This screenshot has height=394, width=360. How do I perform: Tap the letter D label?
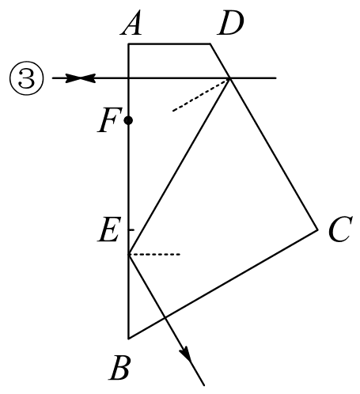click(x=230, y=23)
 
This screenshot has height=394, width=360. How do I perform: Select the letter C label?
click(x=340, y=229)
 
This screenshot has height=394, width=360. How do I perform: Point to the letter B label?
click(x=120, y=367)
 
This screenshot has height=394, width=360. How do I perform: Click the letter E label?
click(x=109, y=229)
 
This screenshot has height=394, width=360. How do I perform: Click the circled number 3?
click(x=27, y=78)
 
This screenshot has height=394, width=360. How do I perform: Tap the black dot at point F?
click(x=128, y=120)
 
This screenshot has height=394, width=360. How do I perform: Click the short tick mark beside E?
click(x=131, y=230)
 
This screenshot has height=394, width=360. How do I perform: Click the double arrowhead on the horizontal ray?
click(x=81, y=78)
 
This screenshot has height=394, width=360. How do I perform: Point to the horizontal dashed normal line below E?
click(x=154, y=254)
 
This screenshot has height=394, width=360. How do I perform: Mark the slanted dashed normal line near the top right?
click(x=200, y=96)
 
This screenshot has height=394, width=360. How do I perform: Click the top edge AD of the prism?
click(x=169, y=44)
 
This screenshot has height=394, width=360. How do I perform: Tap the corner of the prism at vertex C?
click(x=318, y=230)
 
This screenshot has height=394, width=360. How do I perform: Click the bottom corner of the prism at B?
click(x=128, y=339)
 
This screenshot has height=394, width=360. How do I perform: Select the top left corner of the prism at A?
click(x=128, y=44)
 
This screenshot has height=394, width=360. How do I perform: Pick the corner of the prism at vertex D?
click(x=210, y=44)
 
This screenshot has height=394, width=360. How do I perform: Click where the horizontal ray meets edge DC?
click(x=229, y=78)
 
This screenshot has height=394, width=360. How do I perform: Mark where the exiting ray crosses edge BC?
click(x=165, y=317)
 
